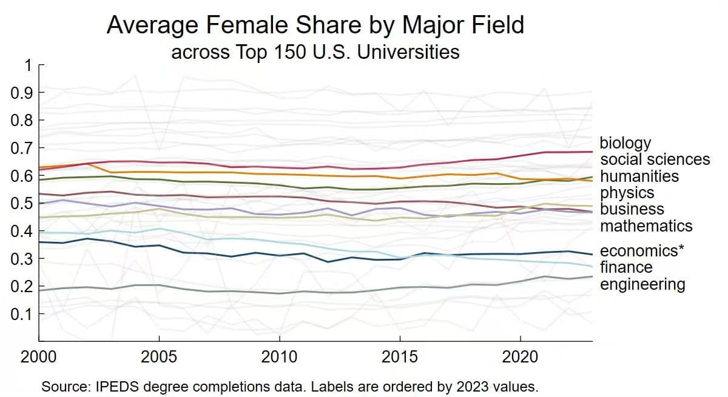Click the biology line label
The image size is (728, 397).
[625, 143]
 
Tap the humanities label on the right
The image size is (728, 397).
[639, 176]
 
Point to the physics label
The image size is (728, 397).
[627, 193]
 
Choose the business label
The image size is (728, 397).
[632, 210]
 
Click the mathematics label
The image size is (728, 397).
[646, 226]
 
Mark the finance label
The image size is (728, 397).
[626, 267]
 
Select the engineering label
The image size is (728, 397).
[642, 284]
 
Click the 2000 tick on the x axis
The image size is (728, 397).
[39, 356]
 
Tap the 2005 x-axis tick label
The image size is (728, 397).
[159, 356]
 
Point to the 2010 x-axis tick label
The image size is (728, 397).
[279, 356]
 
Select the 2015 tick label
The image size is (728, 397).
[400, 356]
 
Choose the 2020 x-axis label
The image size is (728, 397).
[520, 356]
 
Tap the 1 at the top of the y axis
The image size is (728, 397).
[27, 65]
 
